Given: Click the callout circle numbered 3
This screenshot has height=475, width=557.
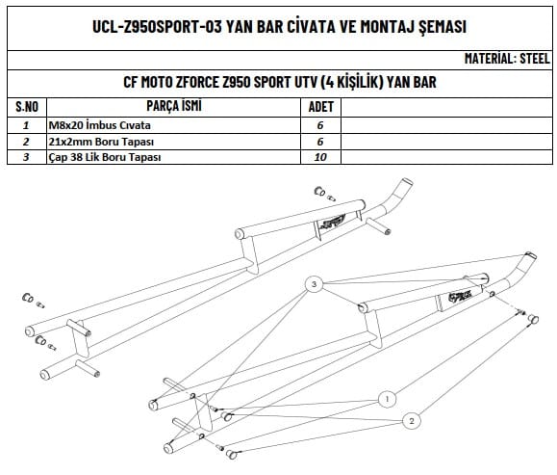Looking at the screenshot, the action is click(314, 284).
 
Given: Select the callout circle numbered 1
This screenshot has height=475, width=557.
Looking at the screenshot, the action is click(387, 399).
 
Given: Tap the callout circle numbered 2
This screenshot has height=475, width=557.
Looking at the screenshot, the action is click(412, 421).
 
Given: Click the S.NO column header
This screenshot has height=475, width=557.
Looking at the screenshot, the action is click(27, 107).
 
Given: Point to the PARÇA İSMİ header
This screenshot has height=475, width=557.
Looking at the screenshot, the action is click(174, 106).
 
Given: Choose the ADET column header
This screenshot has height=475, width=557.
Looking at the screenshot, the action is click(320, 107).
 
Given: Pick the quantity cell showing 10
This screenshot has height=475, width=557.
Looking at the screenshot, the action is click(320, 157).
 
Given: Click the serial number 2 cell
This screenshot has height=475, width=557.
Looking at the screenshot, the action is click(26, 142).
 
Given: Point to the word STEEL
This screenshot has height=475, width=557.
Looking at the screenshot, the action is click(535, 59).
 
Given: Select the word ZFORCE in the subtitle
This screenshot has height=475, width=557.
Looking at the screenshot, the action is click(196, 82).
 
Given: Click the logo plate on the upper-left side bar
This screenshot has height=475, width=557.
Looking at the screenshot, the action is click(333, 223).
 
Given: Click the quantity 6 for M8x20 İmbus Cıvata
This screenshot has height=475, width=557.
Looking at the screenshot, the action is click(320, 125).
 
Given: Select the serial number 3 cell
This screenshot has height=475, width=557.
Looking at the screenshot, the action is click(26, 157).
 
